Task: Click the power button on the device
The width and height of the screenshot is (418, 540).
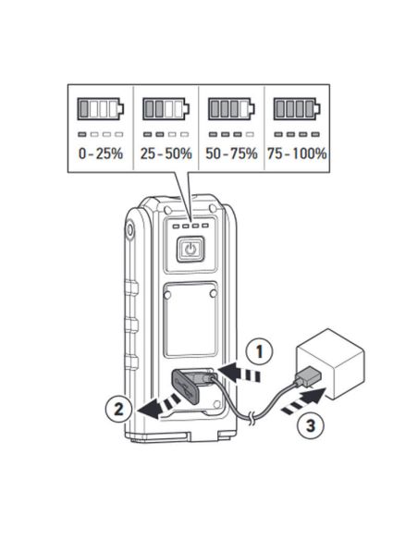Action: coord(191,249)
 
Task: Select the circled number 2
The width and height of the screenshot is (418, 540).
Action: coord(118,410)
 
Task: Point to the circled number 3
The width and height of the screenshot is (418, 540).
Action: coord(311,425)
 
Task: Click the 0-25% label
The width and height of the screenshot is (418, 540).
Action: coord(101,153)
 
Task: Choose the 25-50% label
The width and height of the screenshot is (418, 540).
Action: coord(166,153)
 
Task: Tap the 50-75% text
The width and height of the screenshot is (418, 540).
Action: coord(231,153)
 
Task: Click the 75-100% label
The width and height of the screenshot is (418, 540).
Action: coord(297,153)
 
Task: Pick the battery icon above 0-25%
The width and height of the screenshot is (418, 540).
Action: coord(100,108)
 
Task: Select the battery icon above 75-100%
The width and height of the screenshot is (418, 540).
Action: coord(297,108)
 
